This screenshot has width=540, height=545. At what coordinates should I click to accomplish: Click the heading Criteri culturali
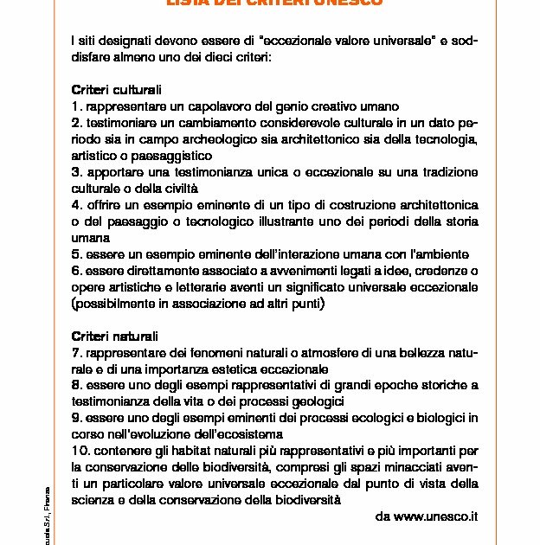tap(116, 89)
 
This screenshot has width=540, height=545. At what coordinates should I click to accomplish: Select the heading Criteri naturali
tap(114, 336)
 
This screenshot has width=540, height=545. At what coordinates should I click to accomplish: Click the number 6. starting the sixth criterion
tap(76, 271)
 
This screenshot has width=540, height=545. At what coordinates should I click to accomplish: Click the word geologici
tap(318, 401)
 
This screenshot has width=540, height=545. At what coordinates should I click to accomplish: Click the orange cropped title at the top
tap(273, 3)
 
